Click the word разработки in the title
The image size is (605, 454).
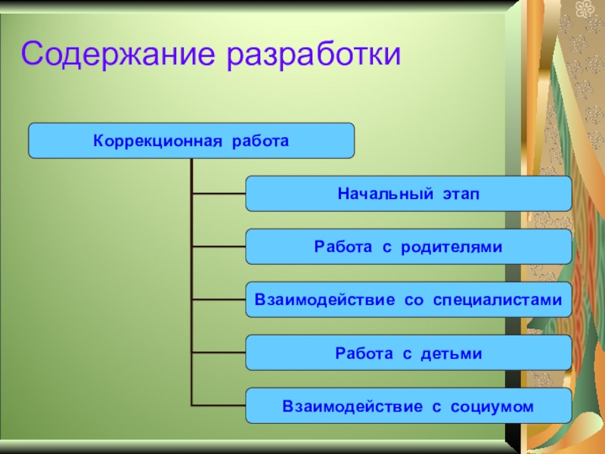[310, 54]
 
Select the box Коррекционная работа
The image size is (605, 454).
[191, 141]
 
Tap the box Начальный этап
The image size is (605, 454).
[408, 194]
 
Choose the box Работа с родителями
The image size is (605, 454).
[408, 247]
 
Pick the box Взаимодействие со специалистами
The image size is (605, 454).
[408, 300]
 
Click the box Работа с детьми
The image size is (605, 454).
[408, 353]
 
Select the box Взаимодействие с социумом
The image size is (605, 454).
[408, 406]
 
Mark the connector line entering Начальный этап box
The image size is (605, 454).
[219, 194]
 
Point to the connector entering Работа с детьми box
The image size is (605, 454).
[219, 353]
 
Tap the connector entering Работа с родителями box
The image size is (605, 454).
[219, 247]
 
